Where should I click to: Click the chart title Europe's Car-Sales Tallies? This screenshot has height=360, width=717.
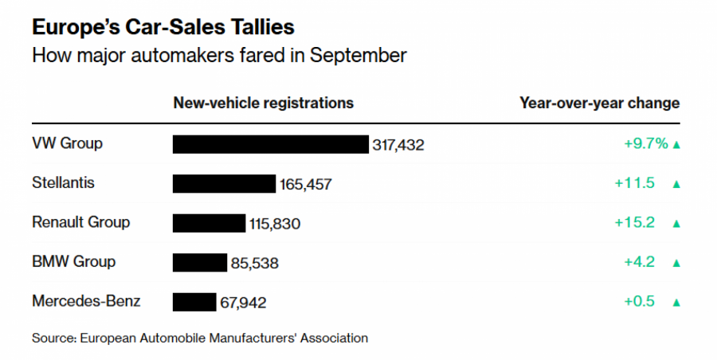pyautogui.click(x=163, y=27)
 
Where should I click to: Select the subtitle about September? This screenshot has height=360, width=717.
pyautogui.click(x=219, y=56)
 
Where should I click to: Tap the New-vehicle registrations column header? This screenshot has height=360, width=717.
pyautogui.click(x=263, y=104)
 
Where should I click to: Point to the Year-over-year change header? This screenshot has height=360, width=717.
pyautogui.click(x=599, y=104)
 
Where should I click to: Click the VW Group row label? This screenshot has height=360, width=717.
pyautogui.click(x=68, y=144)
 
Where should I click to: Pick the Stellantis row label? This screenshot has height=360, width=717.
pyautogui.click(x=63, y=183)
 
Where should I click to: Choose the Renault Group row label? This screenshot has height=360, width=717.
pyautogui.click(x=80, y=222)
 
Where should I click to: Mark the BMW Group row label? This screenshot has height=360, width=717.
pyautogui.click(x=73, y=261)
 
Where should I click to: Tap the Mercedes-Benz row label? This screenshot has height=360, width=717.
pyautogui.click(x=86, y=301)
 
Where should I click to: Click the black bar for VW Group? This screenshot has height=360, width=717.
pyautogui.click(x=271, y=144)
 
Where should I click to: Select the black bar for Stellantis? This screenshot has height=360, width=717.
pyautogui.click(x=224, y=184)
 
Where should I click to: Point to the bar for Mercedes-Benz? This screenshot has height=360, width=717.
pyautogui.click(x=194, y=302)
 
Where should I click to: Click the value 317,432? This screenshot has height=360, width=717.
pyautogui.click(x=398, y=145)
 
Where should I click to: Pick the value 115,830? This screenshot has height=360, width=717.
pyautogui.click(x=275, y=224)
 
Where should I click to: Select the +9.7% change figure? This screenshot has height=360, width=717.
pyautogui.click(x=645, y=144)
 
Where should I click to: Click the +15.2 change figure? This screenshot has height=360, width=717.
pyautogui.click(x=634, y=223)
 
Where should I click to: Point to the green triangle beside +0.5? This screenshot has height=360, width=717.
pyautogui.click(x=676, y=303)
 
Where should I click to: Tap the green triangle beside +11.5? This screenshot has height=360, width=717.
pyautogui.click(x=676, y=184)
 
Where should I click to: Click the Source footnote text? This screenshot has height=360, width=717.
pyautogui.click(x=200, y=338)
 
